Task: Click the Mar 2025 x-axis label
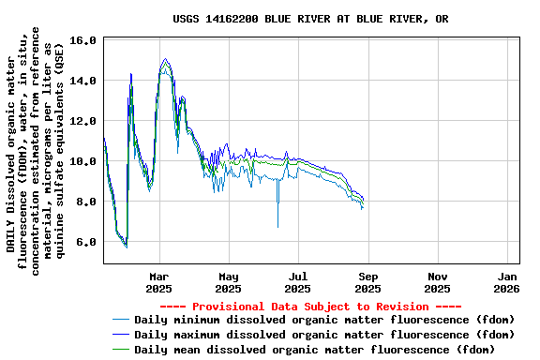[x=159, y=282]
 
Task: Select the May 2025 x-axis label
[x=229, y=282]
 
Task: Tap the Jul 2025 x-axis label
[x=297, y=282]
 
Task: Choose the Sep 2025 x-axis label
[x=367, y=282]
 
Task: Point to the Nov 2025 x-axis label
[x=437, y=282]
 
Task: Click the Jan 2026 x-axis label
[x=506, y=282]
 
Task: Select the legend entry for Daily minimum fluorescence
[x=324, y=320]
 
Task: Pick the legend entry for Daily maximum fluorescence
[x=324, y=334]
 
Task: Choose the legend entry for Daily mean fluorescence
[x=314, y=349]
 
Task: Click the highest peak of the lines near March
[x=165, y=58]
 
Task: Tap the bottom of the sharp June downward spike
[x=277, y=226]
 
